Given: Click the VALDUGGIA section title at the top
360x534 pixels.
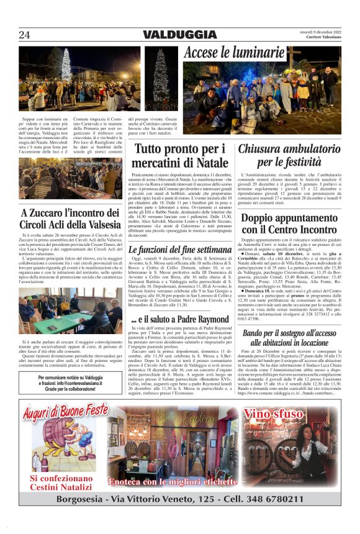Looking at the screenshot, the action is click(180, 35).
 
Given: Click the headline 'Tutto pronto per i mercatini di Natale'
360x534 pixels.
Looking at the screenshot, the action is click(181, 156).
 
